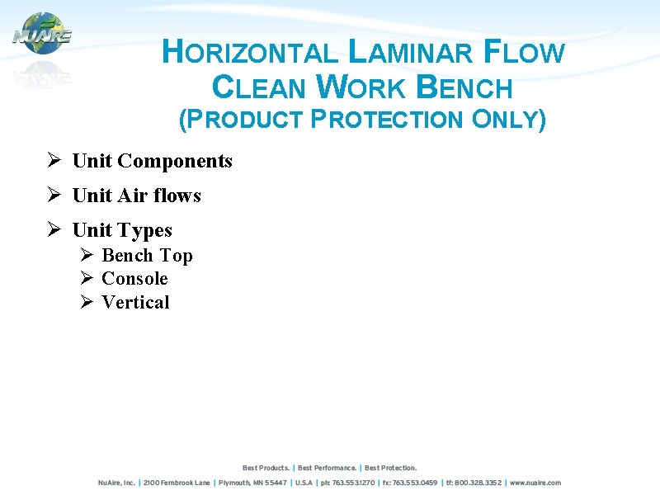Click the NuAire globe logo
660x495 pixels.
coord(42,34)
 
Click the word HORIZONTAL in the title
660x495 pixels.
coord(250,53)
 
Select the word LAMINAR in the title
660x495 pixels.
coord(411,53)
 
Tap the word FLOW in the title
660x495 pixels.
coord(524,53)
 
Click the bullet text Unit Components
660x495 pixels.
coord(153,161)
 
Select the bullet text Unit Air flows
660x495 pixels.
coord(137,196)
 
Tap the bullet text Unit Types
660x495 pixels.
coord(122,230)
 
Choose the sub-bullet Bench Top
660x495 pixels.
coord(147,256)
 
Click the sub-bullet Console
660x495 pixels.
coord(134,279)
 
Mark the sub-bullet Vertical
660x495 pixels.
coord(135,303)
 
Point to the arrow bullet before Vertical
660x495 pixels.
coord(87,303)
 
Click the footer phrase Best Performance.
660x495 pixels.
coord(328,468)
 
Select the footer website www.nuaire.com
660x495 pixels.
coord(535,483)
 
